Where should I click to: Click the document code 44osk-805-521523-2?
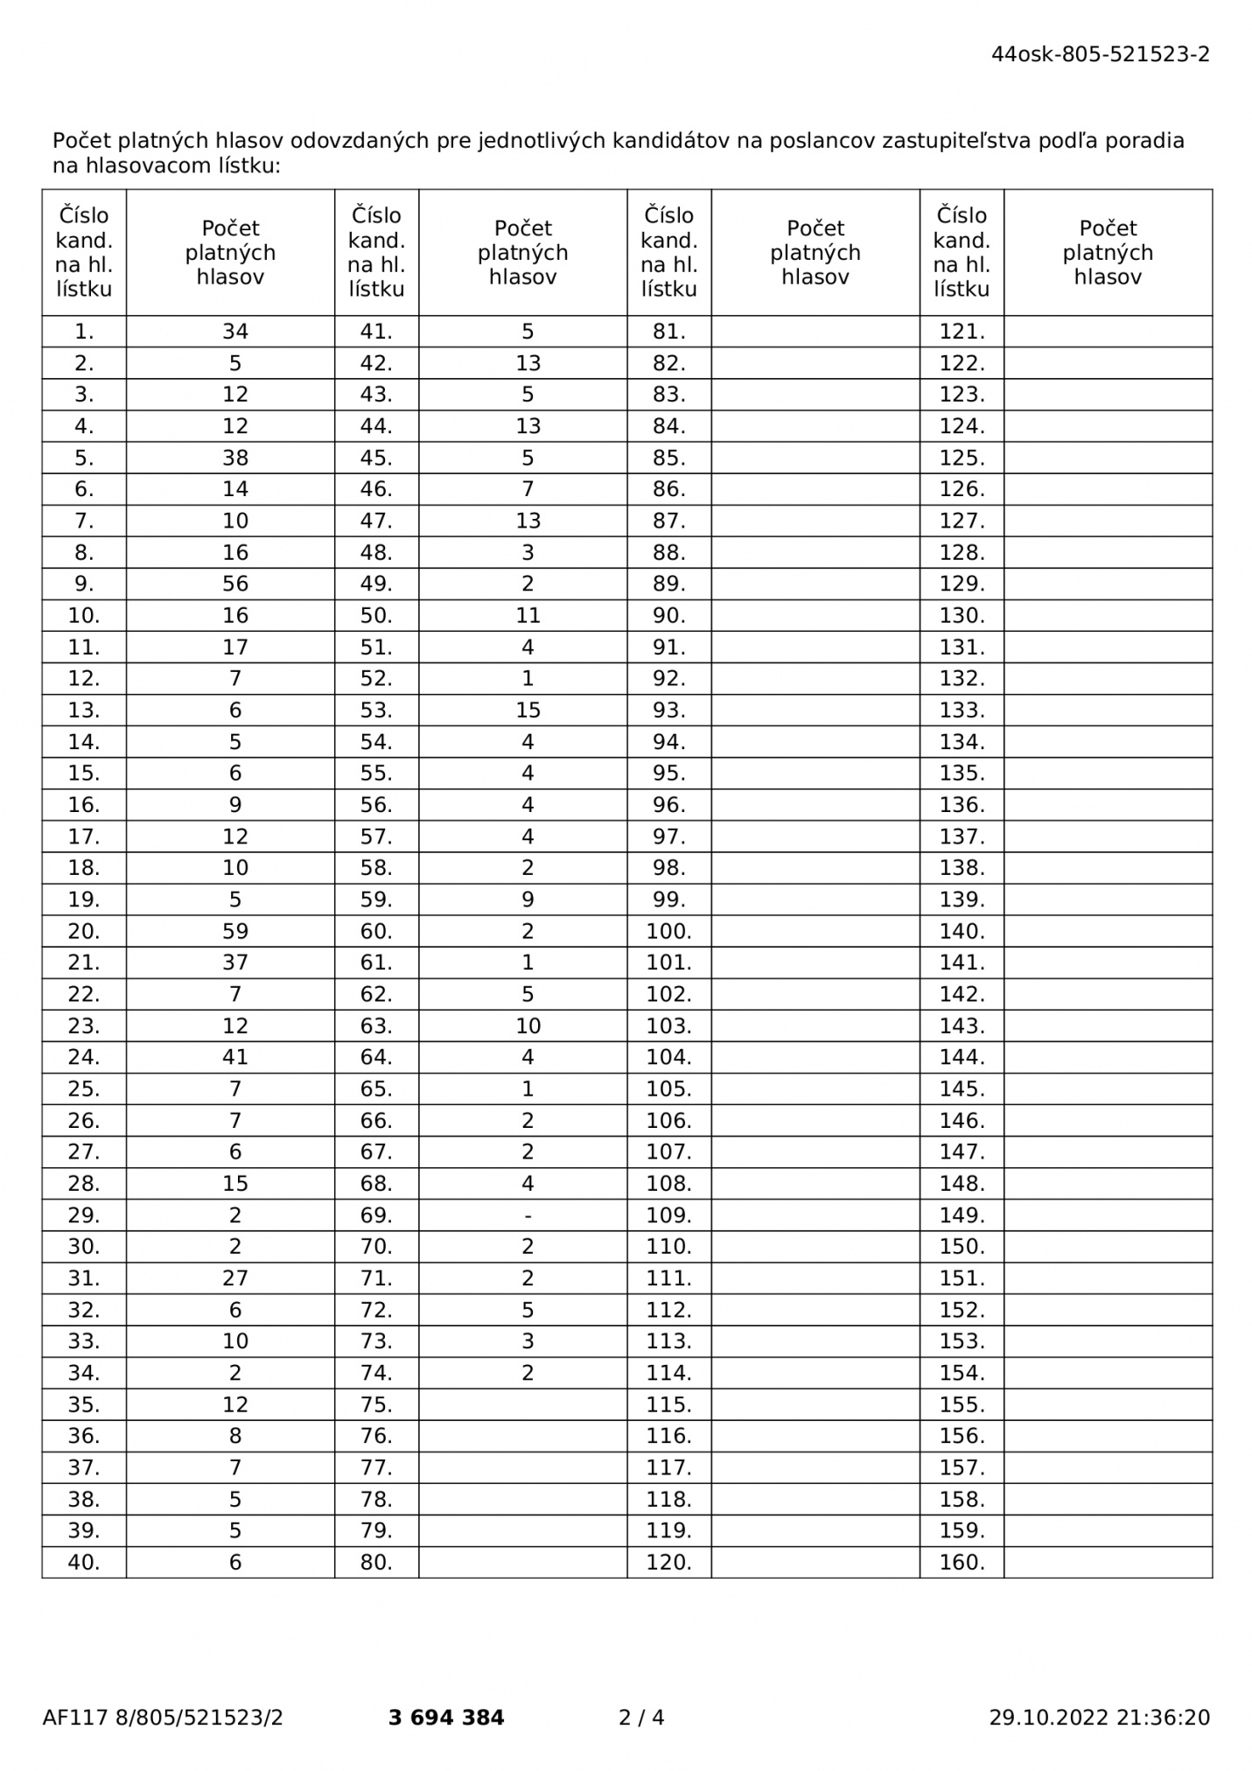pos(1100,54)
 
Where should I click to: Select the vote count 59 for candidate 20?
pos(235,931)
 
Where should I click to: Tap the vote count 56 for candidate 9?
pos(235,584)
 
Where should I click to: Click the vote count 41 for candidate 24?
pos(235,1057)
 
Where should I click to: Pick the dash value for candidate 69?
pos(528,1215)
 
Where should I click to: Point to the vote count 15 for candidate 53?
pos(528,710)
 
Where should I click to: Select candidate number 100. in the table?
pos(668,931)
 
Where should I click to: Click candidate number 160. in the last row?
pos(962,1562)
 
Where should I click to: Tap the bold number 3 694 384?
pos(446,1718)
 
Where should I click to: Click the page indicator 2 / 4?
pos(641,1718)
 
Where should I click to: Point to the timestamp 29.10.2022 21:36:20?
pos(1100,1718)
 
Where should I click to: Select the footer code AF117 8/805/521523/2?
pos(163,1718)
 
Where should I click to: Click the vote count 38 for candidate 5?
pos(235,458)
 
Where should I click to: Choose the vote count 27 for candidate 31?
pos(235,1278)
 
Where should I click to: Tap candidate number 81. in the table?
pos(668,332)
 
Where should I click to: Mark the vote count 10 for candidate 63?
pos(528,1025)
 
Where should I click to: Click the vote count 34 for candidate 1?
pos(235,332)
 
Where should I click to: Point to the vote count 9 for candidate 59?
pos(528,899)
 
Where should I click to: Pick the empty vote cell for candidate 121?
pos(1108,332)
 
